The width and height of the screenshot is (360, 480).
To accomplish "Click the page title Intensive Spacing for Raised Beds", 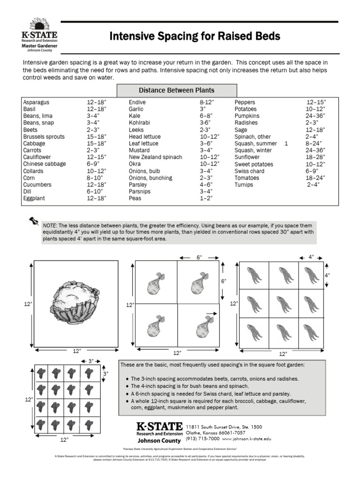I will [x=195, y=37].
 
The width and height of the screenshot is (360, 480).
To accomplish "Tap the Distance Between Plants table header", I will [x=176, y=90].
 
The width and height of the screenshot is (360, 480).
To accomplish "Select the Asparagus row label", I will [x=36, y=102].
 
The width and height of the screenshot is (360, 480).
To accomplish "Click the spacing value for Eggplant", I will [x=96, y=199].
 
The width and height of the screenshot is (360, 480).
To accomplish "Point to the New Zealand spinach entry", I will [x=155, y=157].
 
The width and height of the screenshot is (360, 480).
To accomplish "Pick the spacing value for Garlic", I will [x=202, y=109].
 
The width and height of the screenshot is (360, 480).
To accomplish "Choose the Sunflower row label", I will [x=247, y=157].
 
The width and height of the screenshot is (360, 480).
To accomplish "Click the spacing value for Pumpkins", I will [x=315, y=116].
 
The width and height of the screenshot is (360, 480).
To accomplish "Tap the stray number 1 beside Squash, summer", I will [x=286, y=143].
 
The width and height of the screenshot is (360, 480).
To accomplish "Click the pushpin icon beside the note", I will [x=33, y=221].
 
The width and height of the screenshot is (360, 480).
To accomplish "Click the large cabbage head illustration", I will [x=75, y=302].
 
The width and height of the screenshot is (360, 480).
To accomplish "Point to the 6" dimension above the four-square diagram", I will [x=199, y=257].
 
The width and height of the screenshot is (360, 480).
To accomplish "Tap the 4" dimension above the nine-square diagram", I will [x=311, y=257].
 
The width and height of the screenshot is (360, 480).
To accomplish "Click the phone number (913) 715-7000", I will [x=202, y=439].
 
